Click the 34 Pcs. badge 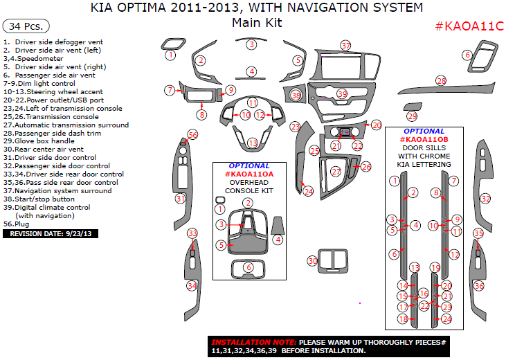tap(26, 26)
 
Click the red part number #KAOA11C tap(469, 26)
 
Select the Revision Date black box tap(51, 234)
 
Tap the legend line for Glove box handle tap(39, 141)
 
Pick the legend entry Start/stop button tap(39, 199)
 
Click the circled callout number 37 tap(345, 46)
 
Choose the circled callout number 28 tap(441, 81)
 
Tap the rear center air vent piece tap(333, 261)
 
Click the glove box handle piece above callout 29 tap(412, 107)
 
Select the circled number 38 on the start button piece tap(296, 95)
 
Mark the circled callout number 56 tap(192, 135)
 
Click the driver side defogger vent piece tap(173, 44)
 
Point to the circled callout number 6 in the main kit tap(467, 55)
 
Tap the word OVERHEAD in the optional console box tap(249, 182)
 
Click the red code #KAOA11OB tap(424, 139)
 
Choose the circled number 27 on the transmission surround tap(336, 172)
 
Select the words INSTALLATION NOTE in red tap(253, 342)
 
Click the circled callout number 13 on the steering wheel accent tap(253, 143)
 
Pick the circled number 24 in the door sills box tap(446, 319)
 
